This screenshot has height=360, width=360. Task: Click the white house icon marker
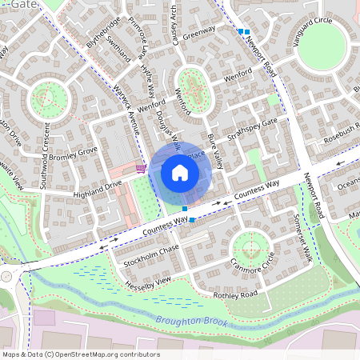coord(180,172)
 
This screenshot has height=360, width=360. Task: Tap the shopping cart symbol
coord(141,168)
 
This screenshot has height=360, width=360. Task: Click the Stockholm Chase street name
coord(150,255)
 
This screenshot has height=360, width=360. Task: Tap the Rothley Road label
coord(235,295)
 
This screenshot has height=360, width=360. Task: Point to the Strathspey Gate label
coord(250,127)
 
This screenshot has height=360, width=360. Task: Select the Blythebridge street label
coord(102,32)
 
